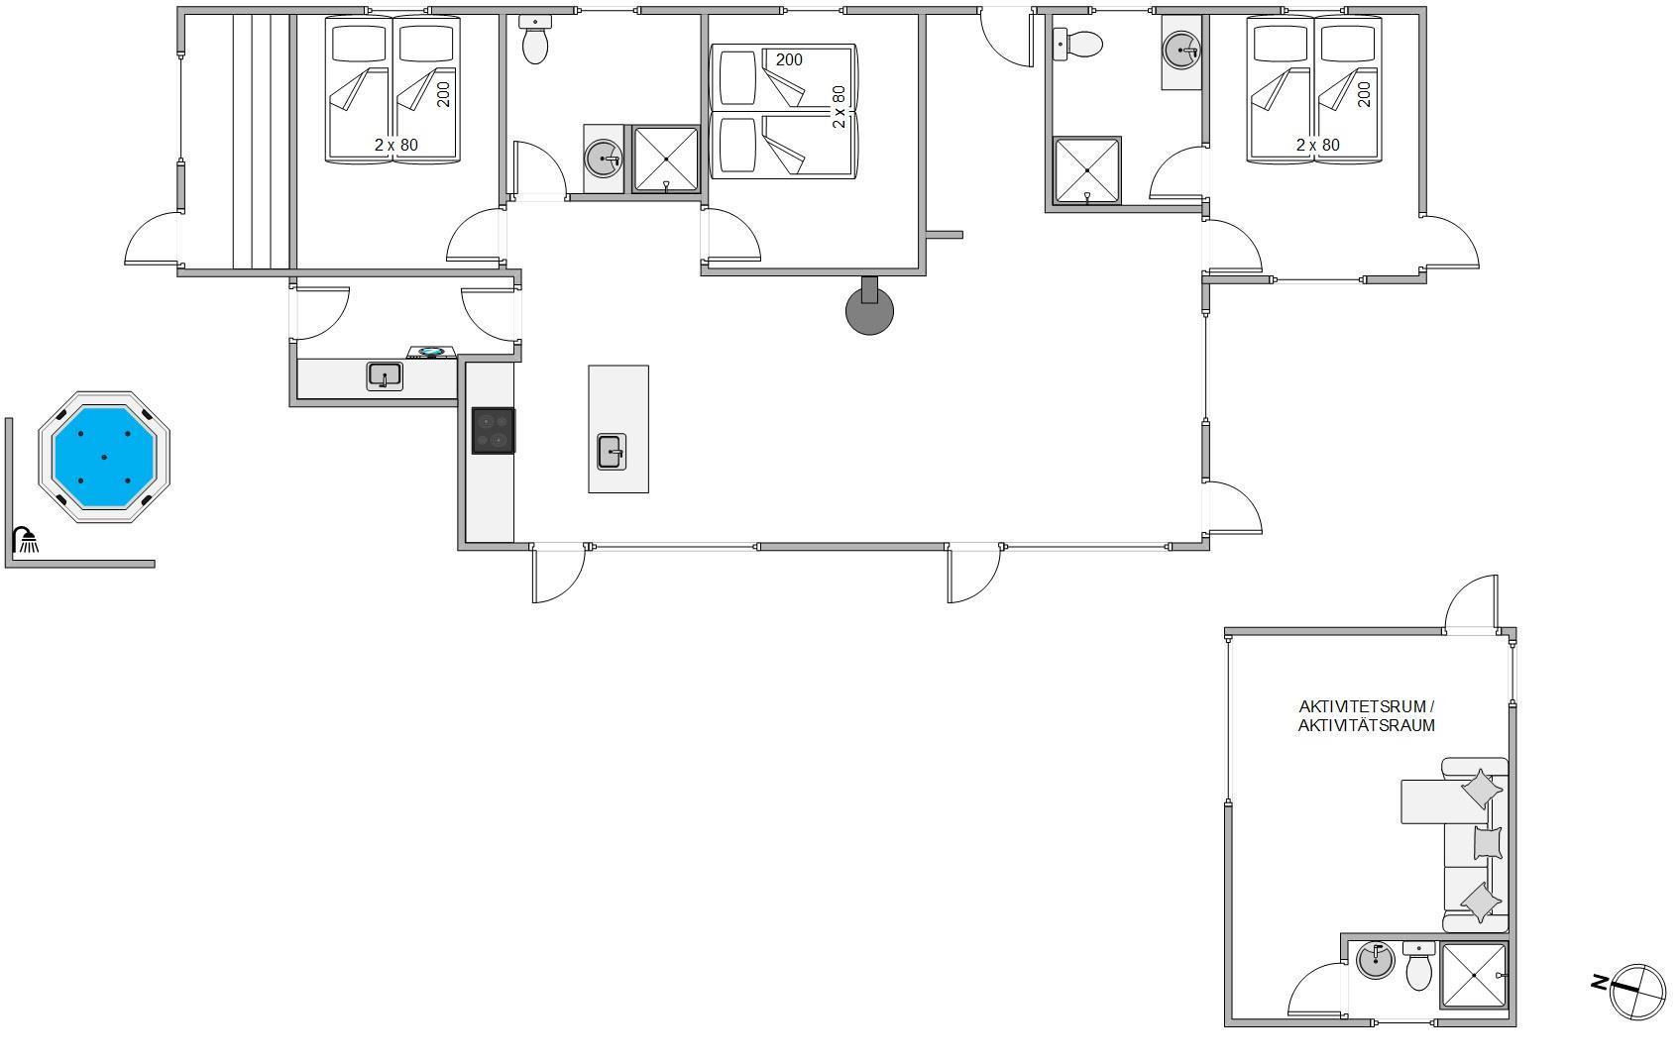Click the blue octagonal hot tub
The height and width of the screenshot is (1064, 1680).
tap(104, 457)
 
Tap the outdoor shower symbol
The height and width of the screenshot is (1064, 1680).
tap(26, 540)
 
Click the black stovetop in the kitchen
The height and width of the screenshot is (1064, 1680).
tap(494, 430)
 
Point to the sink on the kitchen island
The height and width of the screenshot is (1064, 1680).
tap(612, 452)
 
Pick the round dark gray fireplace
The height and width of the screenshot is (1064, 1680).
tap(869, 309)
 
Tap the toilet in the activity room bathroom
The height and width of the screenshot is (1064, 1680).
tap(1418, 967)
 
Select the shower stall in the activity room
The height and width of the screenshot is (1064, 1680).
tap(1474, 976)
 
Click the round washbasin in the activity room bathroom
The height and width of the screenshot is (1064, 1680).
tap(1376, 961)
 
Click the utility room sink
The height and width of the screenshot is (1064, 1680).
tap(385, 376)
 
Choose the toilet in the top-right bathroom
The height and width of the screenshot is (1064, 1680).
tap(1077, 45)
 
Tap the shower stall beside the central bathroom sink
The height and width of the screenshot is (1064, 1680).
tap(666, 160)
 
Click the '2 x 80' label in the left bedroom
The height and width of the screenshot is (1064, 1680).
tap(396, 145)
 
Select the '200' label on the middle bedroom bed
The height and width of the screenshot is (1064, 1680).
tap(789, 60)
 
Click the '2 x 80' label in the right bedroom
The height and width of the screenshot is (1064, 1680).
tap(1318, 145)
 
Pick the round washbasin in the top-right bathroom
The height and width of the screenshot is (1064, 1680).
tap(1181, 51)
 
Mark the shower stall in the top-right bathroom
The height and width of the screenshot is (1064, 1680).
tap(1086, 170)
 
